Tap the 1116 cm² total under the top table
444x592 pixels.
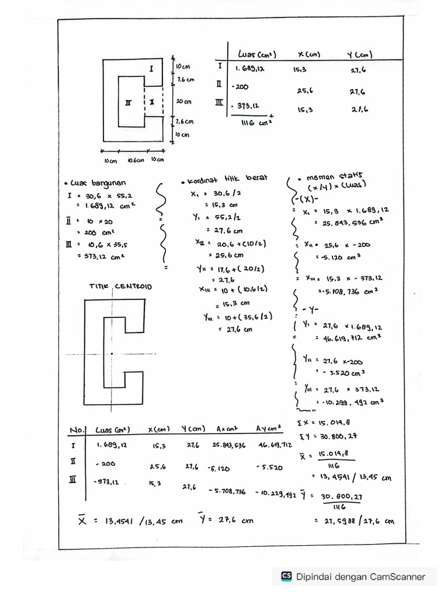coord(252,122)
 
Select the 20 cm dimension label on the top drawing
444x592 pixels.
coord(183,101)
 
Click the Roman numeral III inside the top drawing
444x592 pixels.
coord(128,102)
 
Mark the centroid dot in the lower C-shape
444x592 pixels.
coord(111,353)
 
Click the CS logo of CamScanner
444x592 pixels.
coord(286,576)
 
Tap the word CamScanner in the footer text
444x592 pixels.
coord(397,576)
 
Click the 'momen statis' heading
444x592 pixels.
coord(324,177)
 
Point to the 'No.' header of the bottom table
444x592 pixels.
coord(77,430)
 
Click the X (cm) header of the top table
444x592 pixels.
coord(309,55)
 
